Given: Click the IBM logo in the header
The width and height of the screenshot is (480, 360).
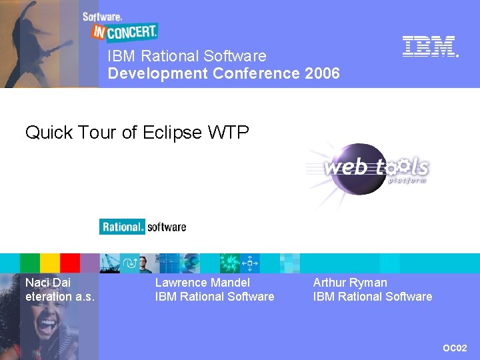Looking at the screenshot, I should pos(429,46).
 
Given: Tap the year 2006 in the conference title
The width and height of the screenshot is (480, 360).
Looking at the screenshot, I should pos(321,73).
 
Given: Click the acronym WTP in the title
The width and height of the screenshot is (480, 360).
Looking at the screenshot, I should pos(228,133).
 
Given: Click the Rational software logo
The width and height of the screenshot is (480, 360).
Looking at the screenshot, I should pos(143,227).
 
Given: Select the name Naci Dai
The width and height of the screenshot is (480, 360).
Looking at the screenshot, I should pos(48,283).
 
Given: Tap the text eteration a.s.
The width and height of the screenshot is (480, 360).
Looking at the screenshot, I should pos(60,297).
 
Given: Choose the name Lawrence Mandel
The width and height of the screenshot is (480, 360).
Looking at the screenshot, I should pos(203,283).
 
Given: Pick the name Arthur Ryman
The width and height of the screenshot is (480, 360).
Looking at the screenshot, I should pos(350,283).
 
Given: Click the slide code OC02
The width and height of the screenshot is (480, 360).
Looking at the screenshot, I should pos(455,349).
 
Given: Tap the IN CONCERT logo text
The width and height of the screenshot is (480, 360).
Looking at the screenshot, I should pos(125,31).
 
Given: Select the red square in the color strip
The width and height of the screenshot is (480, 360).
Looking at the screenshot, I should pos(70,263).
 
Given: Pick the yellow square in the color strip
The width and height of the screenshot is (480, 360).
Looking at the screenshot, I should pos(50,263).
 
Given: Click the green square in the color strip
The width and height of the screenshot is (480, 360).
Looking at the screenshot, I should pos(30,263).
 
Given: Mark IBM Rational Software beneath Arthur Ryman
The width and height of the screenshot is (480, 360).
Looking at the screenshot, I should pos(373,297).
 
